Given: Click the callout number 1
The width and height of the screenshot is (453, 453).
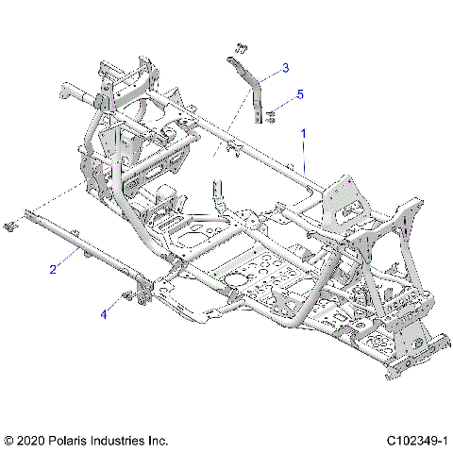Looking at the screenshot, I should point(303,135).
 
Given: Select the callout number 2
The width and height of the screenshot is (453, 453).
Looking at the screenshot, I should point(54,270).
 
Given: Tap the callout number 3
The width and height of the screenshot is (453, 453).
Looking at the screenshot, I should point(286,68).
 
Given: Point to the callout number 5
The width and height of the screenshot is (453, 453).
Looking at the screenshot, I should point(300,94).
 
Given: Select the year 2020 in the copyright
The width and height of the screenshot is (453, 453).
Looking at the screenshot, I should point(32,440).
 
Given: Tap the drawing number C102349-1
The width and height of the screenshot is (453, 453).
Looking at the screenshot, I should point(414,440).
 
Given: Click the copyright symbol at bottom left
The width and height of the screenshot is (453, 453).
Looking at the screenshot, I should point(9,440).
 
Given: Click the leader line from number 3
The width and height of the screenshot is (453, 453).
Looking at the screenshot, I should point(272,74).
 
